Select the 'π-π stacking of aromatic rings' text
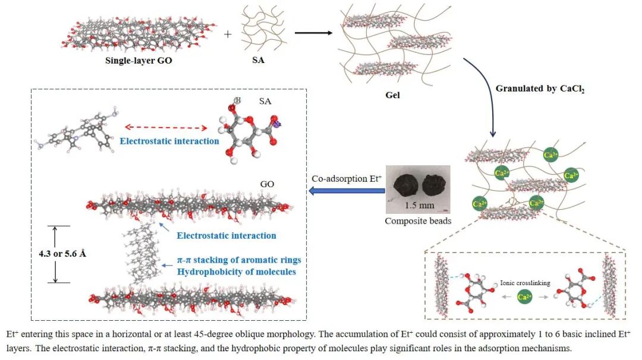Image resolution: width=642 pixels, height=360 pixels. (240, 260)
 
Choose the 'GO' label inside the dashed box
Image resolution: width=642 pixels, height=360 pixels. (267, 184)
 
